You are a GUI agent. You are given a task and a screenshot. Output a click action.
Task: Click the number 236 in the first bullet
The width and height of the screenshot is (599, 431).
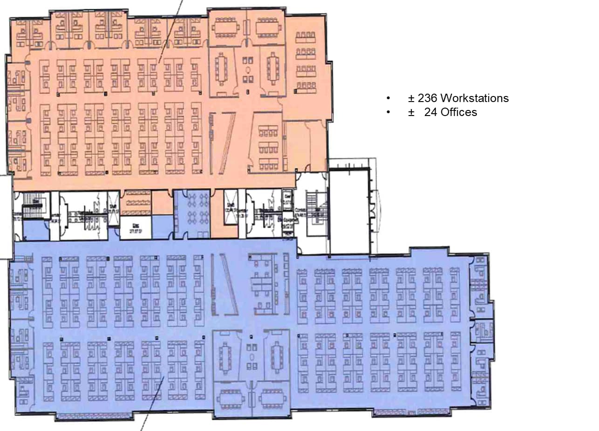tap(427, 98)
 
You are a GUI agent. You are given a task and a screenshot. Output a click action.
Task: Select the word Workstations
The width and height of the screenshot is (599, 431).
tap(474, 98)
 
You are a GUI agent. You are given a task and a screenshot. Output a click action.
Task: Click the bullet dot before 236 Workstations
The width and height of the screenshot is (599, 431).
tap(388, 98)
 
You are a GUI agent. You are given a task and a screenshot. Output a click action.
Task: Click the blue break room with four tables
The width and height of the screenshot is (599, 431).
tap(192, 214)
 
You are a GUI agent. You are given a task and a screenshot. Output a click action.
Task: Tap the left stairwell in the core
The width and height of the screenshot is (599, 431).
tap(34, 205)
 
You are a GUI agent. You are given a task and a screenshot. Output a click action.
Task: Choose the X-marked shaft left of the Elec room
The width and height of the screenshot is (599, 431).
tap(114, 203)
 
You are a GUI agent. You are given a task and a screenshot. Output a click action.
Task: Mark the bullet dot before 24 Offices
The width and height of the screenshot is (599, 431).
tap(388, 112)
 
